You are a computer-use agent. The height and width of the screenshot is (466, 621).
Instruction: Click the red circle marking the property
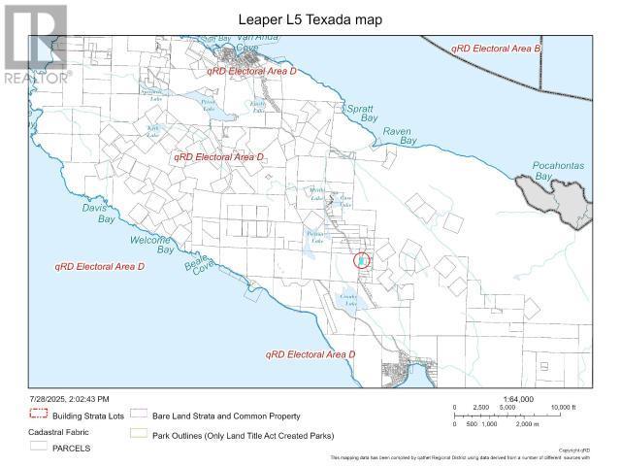coord(361,260)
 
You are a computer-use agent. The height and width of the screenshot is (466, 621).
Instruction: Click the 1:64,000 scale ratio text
coord(513,397)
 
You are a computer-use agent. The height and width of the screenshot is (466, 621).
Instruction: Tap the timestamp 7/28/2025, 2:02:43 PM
coord(68,399)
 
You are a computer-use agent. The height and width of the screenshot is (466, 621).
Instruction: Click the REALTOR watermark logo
coord(35,44)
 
